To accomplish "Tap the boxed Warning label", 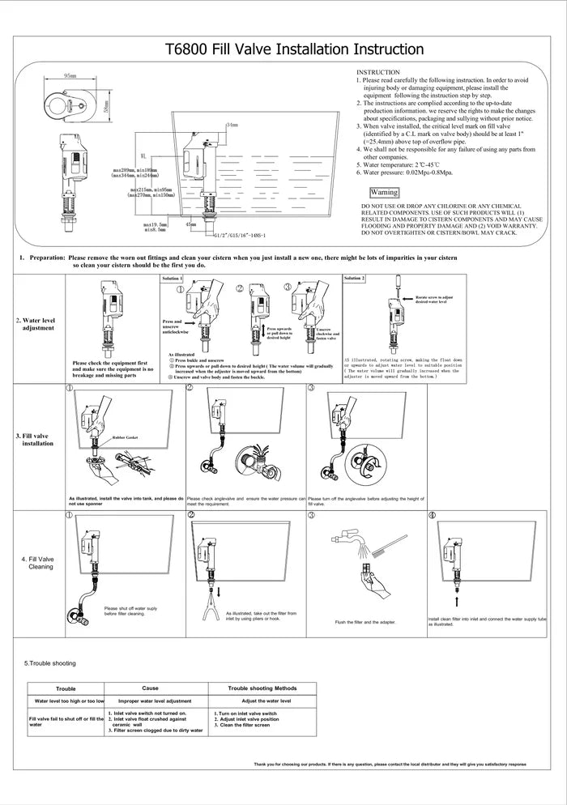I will coord(383,193).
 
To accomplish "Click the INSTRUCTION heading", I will coord(378,73).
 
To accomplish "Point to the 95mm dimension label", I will coord(70,75).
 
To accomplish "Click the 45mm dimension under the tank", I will coord(191,224).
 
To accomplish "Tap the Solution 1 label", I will coord(172,279).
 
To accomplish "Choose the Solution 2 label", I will coord(354,279).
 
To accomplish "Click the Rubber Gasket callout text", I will coord(126,437).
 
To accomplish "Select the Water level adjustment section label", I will coord(36,324).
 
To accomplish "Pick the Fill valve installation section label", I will coord(36,440).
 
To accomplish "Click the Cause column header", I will coord(150,688).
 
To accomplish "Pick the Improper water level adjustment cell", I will coord(155,701).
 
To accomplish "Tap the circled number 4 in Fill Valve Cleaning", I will coord(431,515).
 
